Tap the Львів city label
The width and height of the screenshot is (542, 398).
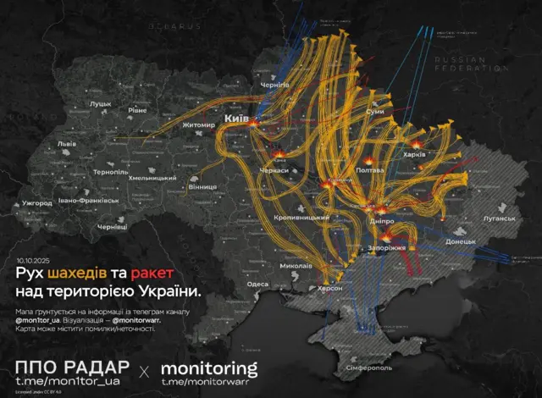pos(65,144)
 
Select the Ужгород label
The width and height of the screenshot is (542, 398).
pos(38,203)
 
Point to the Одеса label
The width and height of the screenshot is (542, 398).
pos(257,285)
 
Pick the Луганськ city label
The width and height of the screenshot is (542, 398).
pos(499,218)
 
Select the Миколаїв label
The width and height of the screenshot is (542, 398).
pos(296,267)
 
